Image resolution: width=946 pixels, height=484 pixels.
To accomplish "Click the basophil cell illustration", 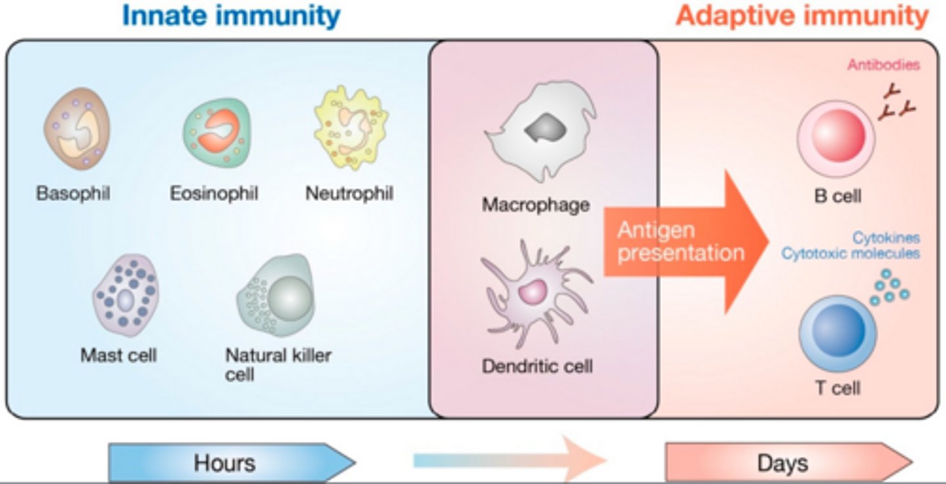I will [77, 129].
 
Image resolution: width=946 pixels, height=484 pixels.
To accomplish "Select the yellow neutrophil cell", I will [350, 128].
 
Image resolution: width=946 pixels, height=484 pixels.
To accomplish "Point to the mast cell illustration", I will [124, 295].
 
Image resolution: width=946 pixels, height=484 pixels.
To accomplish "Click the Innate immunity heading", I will [231, 16].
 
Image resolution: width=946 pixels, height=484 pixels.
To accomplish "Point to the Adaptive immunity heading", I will [802, 16].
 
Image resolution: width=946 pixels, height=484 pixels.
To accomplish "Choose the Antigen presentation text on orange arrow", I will [680, 242].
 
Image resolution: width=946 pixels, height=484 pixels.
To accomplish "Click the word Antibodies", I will [883, 65].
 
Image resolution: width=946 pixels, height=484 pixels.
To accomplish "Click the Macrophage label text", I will [535, 205].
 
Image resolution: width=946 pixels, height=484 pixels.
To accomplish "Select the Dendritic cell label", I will [537, 366].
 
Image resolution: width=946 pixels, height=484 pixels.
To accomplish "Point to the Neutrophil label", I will [349, 194].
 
